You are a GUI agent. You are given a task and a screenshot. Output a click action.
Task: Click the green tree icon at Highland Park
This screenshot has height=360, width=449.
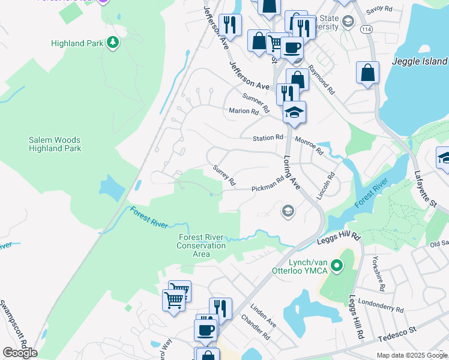tap(112, 42)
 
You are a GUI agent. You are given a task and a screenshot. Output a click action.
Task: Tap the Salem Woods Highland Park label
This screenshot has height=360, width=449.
tap(55, 144)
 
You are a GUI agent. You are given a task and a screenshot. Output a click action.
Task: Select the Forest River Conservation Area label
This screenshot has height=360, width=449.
tap(202, 245)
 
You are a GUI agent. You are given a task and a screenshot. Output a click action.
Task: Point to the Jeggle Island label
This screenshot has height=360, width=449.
tap(420, 61)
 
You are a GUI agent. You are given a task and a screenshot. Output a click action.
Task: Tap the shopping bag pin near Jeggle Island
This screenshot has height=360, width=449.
tap(367, 73)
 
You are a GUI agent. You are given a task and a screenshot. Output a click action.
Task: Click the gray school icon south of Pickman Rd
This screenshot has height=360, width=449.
tap(288, 209)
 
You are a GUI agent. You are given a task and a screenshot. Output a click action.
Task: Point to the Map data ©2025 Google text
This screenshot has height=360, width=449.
tap(411, 355)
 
